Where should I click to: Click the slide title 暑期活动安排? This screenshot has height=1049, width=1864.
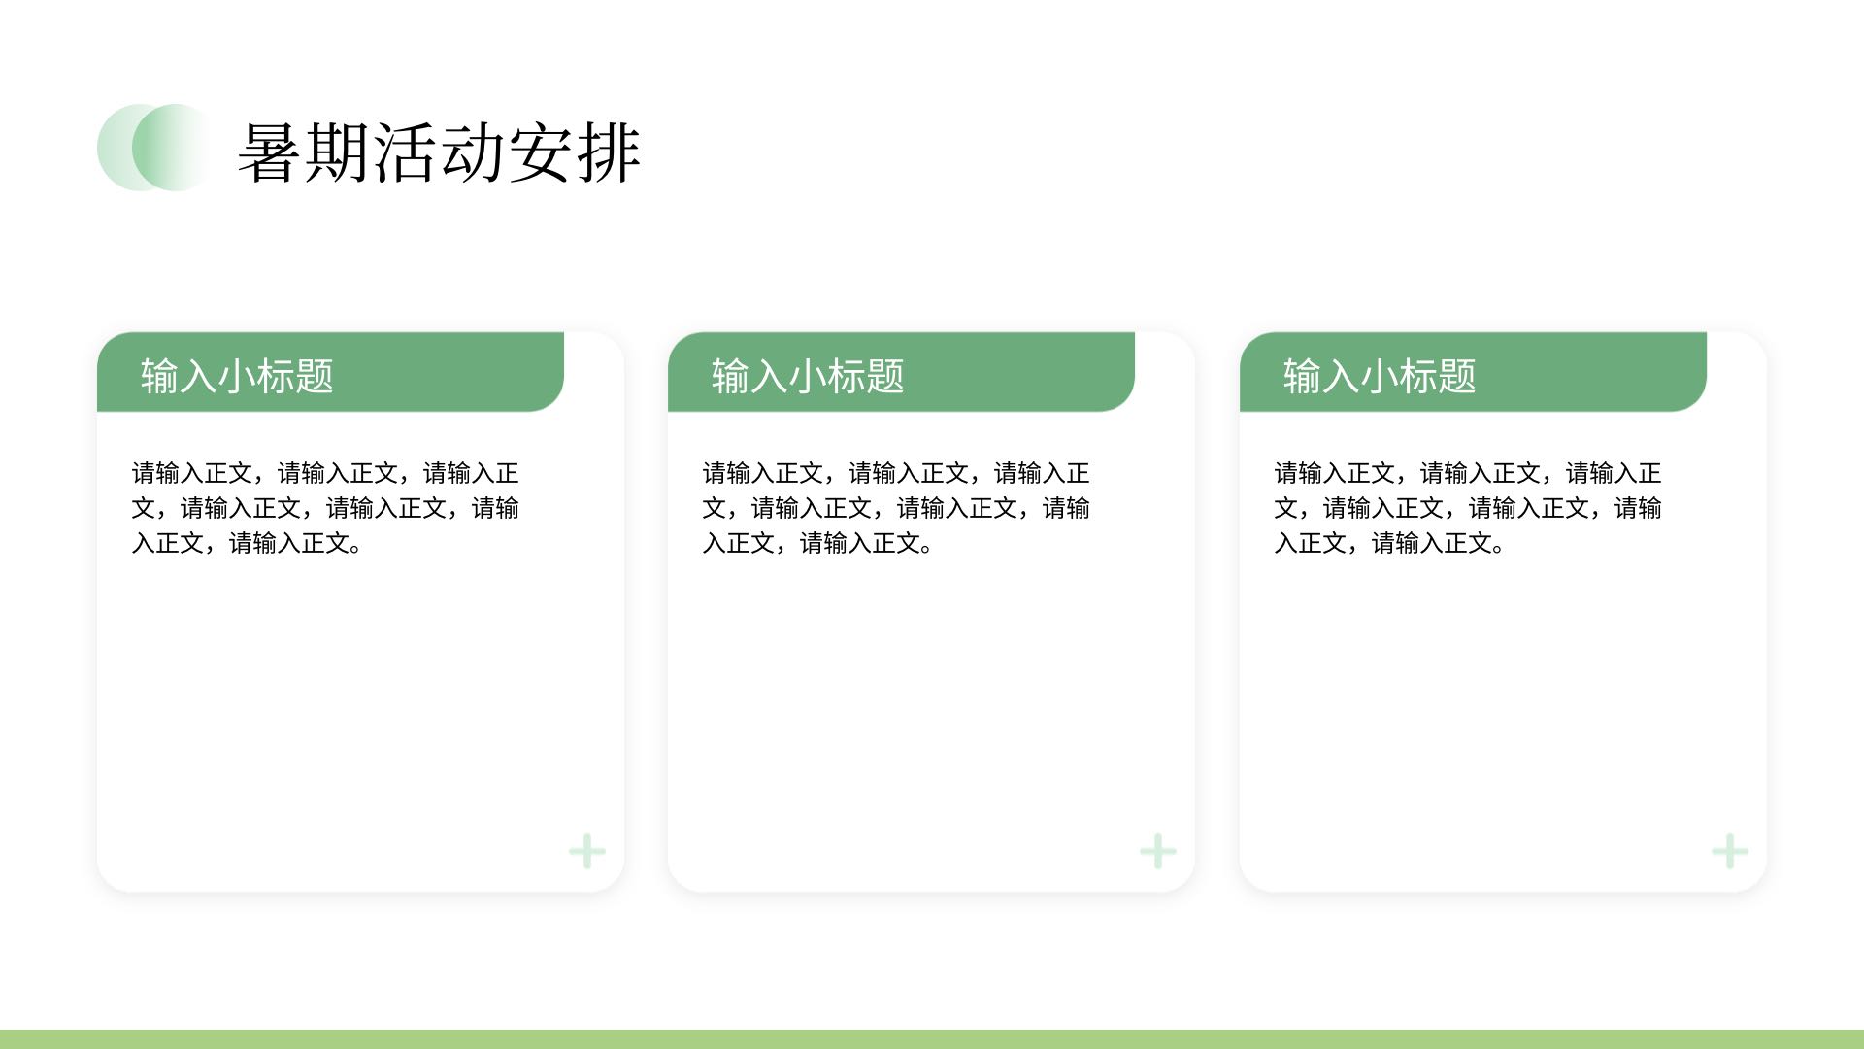coord(439,152)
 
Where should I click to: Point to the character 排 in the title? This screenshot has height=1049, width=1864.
coord(609,152)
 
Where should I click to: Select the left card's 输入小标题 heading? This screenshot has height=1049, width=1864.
coord(237,376)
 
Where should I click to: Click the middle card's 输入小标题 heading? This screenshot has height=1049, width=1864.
coord(808,376)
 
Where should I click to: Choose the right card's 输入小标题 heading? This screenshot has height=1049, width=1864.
coord(1380,376)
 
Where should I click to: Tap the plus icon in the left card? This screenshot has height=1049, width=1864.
coord(587,852)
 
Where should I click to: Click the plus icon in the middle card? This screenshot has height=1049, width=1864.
coord(1158,852)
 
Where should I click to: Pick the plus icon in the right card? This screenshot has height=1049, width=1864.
coord(1730,852)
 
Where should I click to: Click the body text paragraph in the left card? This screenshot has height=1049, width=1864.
coord(325,508)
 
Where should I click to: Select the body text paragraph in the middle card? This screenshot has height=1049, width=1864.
coord(896,508)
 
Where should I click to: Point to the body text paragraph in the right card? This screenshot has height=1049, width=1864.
coord(1468,508)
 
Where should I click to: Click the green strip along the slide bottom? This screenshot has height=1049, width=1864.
coord(932,1039)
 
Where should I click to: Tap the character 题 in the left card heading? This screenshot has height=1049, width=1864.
coord(315,376)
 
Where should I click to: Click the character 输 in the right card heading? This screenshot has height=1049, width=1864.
coord(1302,376)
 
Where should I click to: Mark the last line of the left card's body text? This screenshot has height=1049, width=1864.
coord(248,543)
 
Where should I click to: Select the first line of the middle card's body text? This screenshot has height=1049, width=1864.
coord(896,473)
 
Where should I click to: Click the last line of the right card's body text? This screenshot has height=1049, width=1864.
coord(1390,543)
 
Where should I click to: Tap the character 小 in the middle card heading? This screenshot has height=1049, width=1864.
coord(808,376)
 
